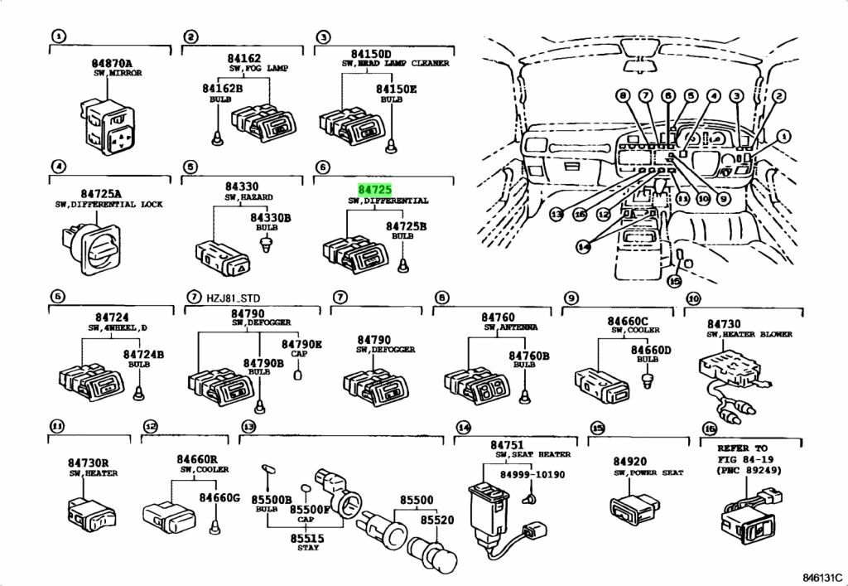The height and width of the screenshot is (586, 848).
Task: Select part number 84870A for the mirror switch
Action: click(111, 62)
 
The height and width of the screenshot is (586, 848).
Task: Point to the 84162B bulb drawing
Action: click(217, 134)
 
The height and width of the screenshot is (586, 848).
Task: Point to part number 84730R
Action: click(89, 463)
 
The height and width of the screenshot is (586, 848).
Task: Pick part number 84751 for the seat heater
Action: click(506, 444)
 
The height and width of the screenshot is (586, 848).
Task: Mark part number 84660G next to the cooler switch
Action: click(219, 497)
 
